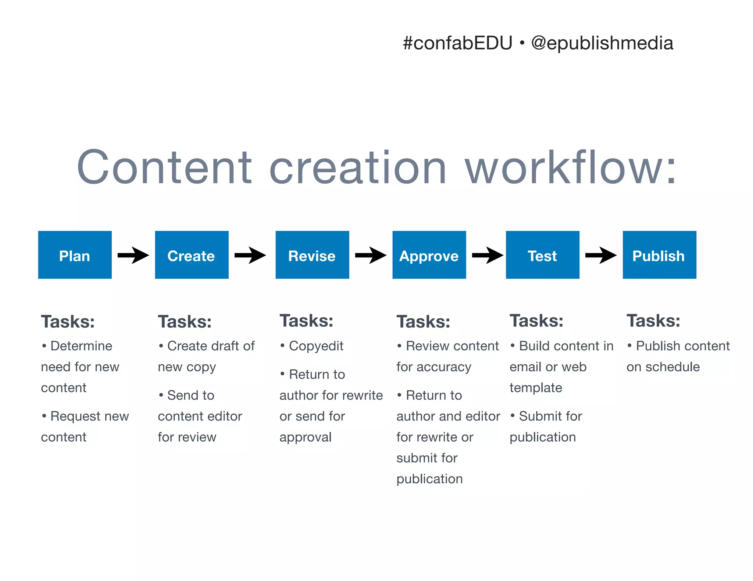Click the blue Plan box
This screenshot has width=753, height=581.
75,255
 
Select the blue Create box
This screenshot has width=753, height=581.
192,255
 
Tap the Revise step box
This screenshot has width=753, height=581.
312,255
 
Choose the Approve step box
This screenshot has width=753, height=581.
429,255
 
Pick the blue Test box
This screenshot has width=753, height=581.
542,255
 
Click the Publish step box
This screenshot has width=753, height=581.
659,255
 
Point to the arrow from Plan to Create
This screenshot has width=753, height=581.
133,255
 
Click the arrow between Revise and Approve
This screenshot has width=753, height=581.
371,255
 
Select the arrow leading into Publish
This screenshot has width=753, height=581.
601,255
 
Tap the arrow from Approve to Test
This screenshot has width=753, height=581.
488,255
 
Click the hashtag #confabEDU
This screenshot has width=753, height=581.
457,43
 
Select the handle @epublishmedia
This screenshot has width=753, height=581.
602,43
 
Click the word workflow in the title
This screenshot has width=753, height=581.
570,167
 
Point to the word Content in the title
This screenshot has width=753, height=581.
164,167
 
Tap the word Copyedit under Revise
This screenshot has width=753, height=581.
316,346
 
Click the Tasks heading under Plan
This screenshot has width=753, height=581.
68,322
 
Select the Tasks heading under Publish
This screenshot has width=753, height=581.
653,321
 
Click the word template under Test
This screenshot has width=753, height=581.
536,388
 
